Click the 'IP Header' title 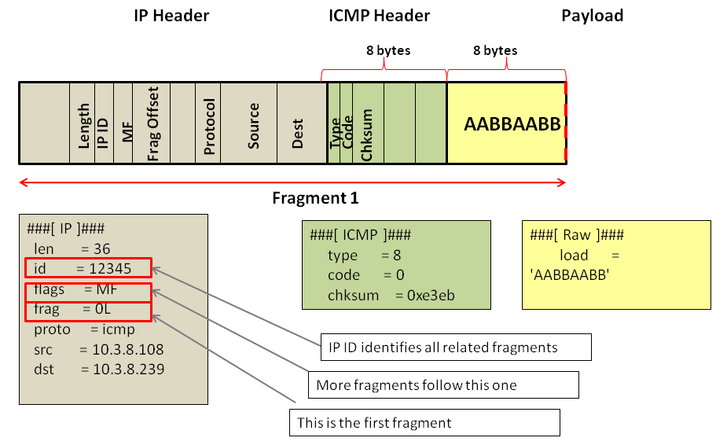171,16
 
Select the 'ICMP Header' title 379,16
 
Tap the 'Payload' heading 592,16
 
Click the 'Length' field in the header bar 83,127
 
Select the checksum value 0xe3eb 429,296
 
